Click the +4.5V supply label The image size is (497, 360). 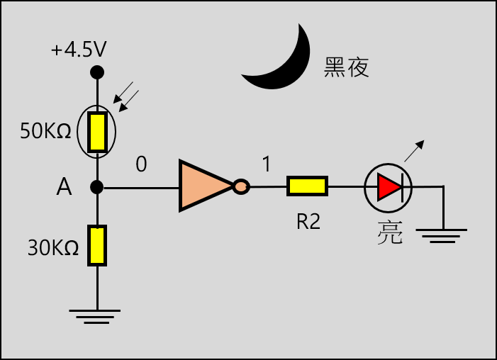tap(79, 51)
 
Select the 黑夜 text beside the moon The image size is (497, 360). tap(347, 67)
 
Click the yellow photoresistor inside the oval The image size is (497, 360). tap(97, 131)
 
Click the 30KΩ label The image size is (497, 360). tap(52, 248)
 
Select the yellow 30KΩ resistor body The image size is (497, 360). tap(97, 245)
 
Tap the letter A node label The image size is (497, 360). tap(64, 187)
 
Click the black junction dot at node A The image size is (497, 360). tap(97, 187)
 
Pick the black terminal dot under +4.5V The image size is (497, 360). tap(97, 72)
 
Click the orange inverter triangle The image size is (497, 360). tap(202, 186)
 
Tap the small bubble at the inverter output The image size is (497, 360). tap(241, 187)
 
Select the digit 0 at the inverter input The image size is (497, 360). tap(141, 164)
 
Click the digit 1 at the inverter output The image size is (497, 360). tap(267, 165)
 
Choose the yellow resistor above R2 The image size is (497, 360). tap(307, 186)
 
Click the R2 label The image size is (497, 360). tap(308, 222)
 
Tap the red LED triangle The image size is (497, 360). tap(389, 187)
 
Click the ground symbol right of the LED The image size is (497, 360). tap(442, 235)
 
